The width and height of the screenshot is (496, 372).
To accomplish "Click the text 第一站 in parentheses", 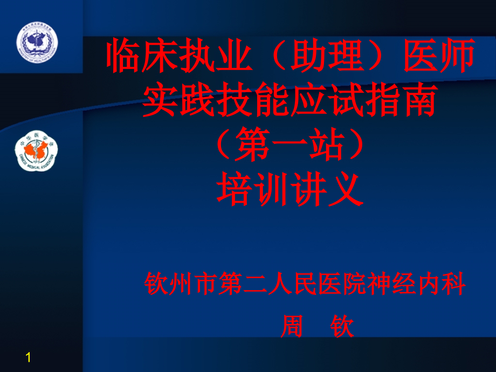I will pos(290,146).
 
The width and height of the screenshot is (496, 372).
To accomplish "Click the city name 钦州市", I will pos(181,285).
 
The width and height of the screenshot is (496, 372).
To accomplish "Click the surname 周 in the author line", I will pos(292,327).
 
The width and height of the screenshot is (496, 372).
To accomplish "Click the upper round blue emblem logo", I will pos(37,43).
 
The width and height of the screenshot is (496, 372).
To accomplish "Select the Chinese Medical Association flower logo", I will pos(36,151).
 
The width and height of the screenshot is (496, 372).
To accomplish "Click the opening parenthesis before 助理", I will pos(271,58).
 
